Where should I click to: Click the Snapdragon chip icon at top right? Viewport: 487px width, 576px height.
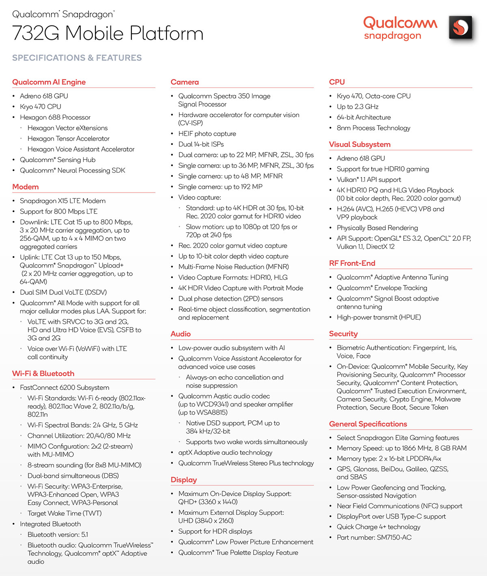(x=461, y=28)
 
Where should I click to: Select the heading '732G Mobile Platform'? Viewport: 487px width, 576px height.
(x=108, y=33)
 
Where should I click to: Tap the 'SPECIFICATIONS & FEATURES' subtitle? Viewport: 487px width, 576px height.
(x=77, y=58)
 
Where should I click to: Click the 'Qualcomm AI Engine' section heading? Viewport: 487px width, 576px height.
(x=49, y=82)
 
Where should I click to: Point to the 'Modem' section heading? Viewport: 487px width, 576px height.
(x=26, y=187)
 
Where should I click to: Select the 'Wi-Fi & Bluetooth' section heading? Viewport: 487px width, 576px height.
(x=43, y=373)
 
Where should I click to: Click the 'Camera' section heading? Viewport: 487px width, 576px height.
(x=185, y=82)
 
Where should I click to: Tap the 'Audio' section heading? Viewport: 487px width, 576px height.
(x=181, y=334)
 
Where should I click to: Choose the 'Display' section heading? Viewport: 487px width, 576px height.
(x=183, y=480)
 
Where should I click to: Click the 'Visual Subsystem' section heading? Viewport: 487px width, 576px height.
(x=360, y=144)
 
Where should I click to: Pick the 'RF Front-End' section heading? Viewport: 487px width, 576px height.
(x=352, y=263)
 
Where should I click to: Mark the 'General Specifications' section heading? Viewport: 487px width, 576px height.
(x=368, y=424)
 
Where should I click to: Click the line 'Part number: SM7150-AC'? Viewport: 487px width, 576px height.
(x=374, y=537)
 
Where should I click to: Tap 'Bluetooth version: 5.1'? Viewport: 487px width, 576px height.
(x=58, y=534)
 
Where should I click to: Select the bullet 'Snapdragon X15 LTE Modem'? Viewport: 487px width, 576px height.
(x=62, y=201)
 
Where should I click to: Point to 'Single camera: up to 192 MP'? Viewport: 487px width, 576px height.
(x=220, y=186)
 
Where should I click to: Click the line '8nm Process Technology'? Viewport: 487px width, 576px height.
(x=373, y=128)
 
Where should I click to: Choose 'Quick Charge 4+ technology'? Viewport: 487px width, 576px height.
(x=378, y=527)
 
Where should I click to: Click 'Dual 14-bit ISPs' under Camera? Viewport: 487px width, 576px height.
(x=201, y=144)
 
